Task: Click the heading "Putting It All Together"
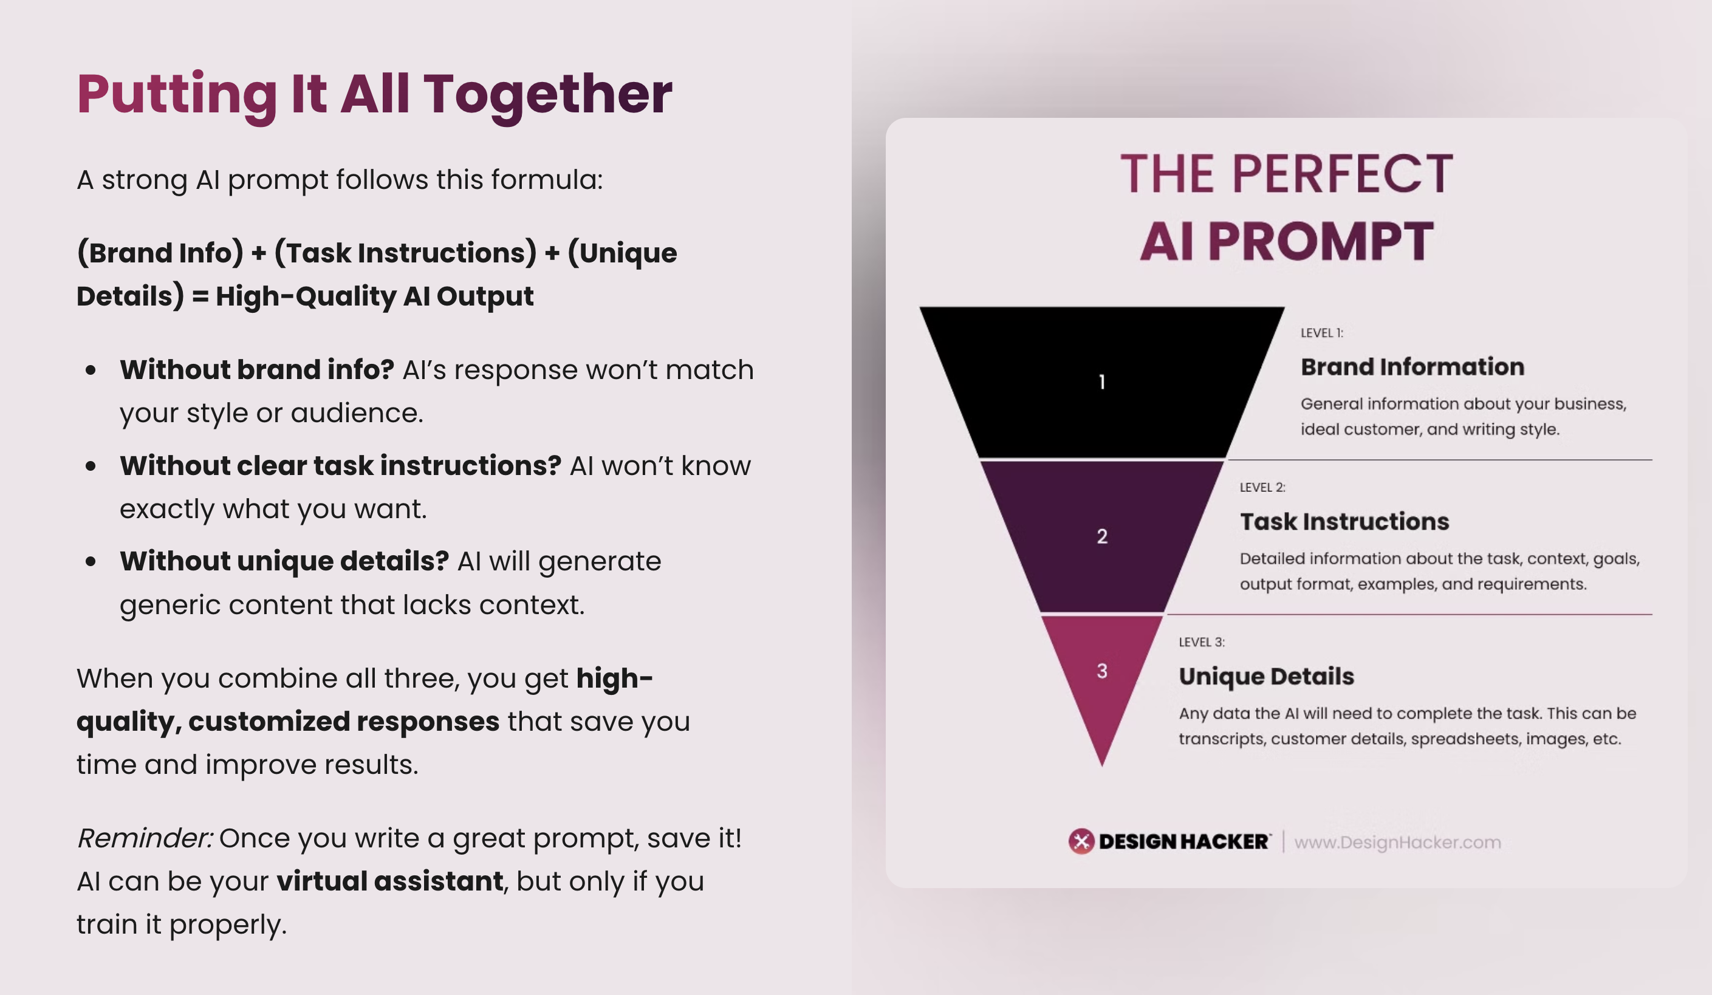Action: click(x=374, y=95)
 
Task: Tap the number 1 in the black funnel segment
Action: click(x=1101, y=381)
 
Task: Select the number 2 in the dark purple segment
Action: click(x=1102, y=536)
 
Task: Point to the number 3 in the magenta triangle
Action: click(x=1102, y=671)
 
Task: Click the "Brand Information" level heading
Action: click(x=1412, y=367)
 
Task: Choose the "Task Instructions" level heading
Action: click(x=1344, y=522)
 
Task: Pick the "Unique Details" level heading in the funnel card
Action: click(x=1266, y=677)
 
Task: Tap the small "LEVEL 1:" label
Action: click(x=1321, y=333)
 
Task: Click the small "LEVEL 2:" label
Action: click(x=1262, y=488)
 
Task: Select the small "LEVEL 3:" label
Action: click(x=1201, y=643)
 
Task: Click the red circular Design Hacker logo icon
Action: click(x=1081, y=841)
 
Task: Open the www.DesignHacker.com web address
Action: click(x=1397, y=842)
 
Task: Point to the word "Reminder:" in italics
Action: click(x=145, y=838)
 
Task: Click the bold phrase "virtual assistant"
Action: click(x=390, y=881)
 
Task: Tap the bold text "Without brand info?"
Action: click(x=257, y=369)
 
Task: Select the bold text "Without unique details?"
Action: click(x=284, y=561)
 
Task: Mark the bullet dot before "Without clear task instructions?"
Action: click(x=91, y=466)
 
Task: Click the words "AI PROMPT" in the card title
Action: click(x=1287, y=241)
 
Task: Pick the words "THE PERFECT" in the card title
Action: click(x=1287, y=174)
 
